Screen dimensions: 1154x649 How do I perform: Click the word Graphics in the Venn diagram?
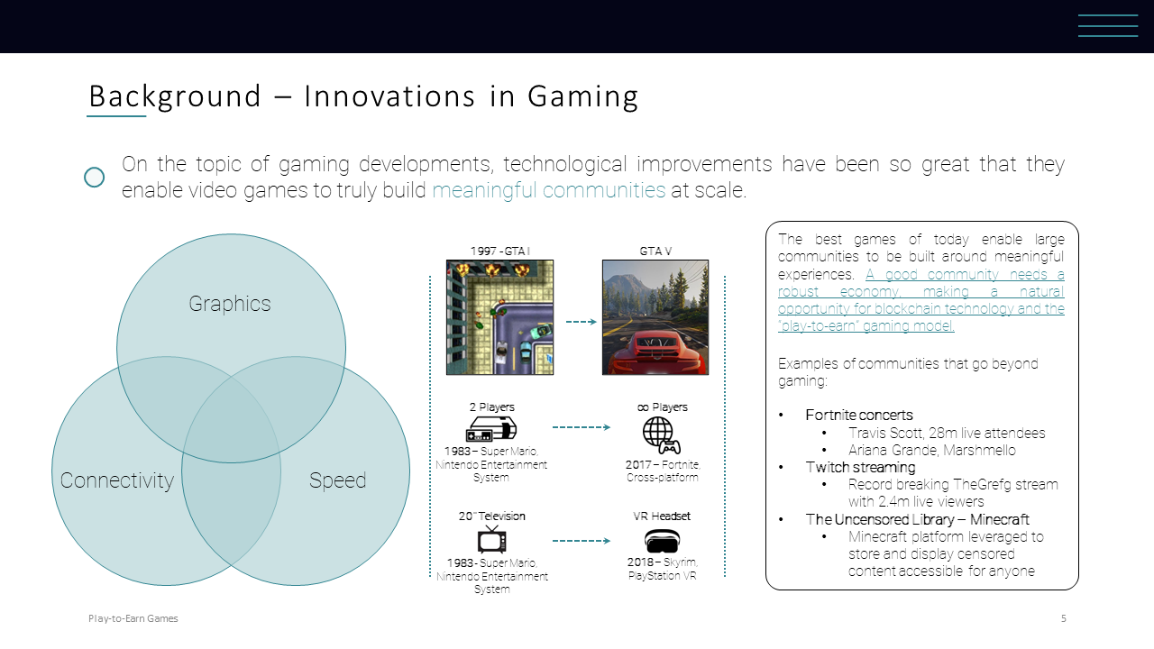230,304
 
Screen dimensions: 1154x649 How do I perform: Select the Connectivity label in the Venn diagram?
117,480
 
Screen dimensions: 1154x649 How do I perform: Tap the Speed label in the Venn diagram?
337,480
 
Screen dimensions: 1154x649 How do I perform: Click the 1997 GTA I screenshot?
499,317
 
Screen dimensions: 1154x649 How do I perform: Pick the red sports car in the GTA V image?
655,353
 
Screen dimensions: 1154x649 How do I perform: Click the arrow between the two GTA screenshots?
582,322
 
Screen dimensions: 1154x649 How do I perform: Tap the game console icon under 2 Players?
491,429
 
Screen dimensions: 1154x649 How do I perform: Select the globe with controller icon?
662,435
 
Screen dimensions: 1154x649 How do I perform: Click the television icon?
491,539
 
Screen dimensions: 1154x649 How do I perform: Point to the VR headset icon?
662,541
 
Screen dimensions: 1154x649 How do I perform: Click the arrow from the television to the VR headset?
582,541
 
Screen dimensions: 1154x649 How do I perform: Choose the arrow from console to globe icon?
582,427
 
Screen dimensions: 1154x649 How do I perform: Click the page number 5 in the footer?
1063,618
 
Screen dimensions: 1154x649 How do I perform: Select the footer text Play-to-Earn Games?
133,618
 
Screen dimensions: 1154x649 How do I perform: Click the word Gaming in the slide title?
582,96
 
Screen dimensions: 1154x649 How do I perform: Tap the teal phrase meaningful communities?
549,190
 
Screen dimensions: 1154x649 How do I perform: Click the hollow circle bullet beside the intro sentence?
95,178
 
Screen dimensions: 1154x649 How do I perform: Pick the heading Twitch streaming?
860,467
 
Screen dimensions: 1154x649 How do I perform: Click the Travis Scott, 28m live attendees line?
947,434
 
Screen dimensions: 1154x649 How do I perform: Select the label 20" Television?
492,516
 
